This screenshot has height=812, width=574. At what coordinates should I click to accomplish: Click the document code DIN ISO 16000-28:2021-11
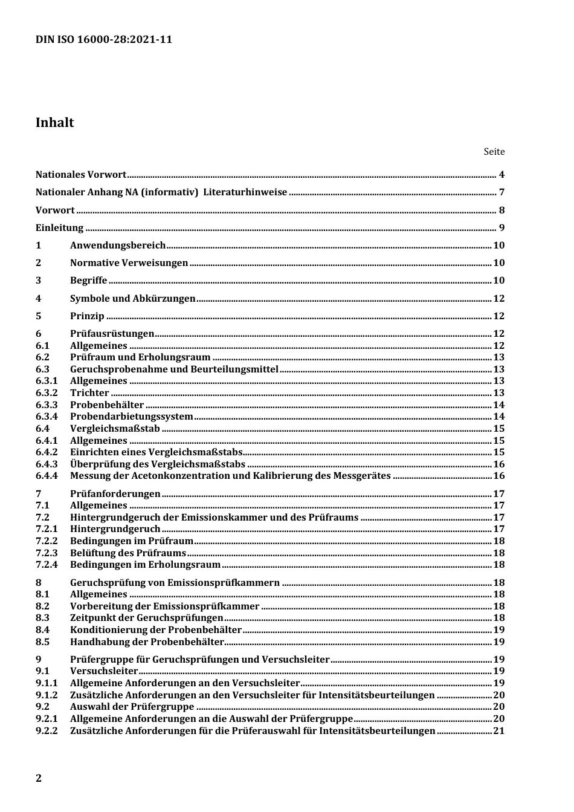pos(103,39)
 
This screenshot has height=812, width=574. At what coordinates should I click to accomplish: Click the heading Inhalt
pos(55,123)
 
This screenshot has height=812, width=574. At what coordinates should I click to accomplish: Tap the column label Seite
pos(494,152)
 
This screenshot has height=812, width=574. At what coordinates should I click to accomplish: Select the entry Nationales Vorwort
pos(81,175)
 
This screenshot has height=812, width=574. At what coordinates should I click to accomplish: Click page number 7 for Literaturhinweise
pos(501,192)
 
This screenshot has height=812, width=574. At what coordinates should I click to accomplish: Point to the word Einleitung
pos(59,228)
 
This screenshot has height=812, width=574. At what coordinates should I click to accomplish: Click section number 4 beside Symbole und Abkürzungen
pos(39,298)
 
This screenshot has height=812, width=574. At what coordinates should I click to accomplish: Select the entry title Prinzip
pos(87,316)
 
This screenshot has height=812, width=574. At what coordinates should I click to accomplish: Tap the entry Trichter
pos(89,393)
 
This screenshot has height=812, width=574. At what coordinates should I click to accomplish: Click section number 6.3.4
pos(47,417)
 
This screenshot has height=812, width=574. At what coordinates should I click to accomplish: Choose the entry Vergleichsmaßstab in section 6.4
pos(115,429)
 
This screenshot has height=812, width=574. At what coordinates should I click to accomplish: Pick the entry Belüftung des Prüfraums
pos(127,553)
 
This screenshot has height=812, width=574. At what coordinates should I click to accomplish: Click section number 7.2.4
pos(47,565)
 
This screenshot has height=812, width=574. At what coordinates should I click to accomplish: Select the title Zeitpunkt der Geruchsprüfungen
pos(147,618)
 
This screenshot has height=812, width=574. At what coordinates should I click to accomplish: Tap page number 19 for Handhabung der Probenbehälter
pos(498,641)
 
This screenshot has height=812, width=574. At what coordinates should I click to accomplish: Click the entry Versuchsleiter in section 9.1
pos(104,671)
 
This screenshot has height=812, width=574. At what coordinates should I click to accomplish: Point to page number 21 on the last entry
pos(498,730)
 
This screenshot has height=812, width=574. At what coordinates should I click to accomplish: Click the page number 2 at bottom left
pos(39,778)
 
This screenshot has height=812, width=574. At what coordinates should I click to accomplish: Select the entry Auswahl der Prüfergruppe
pos(132,707)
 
